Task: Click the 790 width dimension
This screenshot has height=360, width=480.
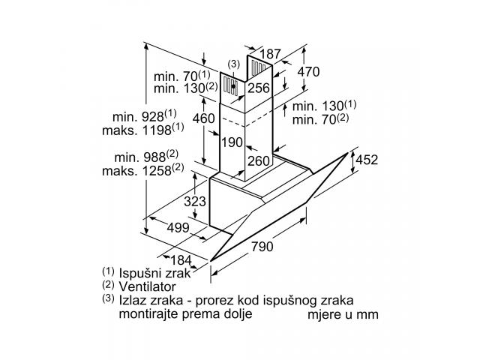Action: pos(262,246)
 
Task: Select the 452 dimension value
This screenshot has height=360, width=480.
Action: pos(367,160)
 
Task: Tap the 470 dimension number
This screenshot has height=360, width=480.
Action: pos(308,72)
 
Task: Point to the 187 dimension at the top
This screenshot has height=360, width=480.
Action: pos(271,54)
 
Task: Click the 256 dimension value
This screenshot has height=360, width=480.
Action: pos(259,88)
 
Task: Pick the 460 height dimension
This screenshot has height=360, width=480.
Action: pos(203,118)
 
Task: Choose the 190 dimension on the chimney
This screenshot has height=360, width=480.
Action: pos(232,142)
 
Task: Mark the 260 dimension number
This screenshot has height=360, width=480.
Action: pos(259,161)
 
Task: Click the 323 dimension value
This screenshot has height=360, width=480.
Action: pos(195,202)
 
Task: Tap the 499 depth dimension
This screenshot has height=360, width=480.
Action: pos(178,227)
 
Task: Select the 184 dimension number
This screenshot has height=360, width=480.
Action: pos(181,260)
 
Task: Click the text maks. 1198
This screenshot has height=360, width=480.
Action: pos(143,129)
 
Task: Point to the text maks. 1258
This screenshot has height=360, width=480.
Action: pos(143,169)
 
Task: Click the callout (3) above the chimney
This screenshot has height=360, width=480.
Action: pos(234,64)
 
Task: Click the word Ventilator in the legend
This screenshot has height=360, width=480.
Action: pos(147,286)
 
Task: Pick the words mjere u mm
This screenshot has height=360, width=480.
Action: pos(343,314)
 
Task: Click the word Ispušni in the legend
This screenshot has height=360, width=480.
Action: pos(139,273)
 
